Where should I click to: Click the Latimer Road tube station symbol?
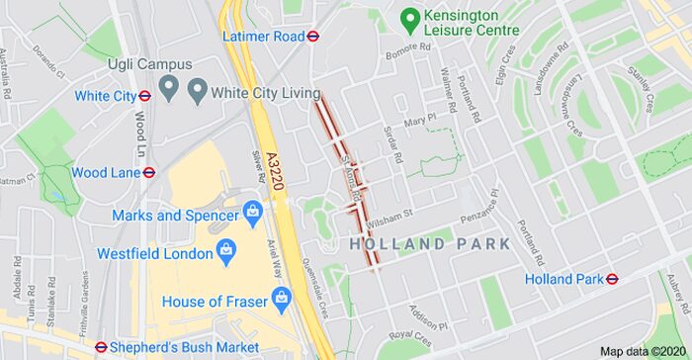pos(313,36)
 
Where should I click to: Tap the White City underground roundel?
pos(144,96)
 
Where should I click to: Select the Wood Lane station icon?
pos(148,172)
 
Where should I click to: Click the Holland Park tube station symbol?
pos(612,279)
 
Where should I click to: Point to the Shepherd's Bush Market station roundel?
pos(101,347)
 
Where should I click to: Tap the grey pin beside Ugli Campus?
pos(167,90)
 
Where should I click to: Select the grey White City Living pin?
pos(196,92)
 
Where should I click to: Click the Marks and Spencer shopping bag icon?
pos(253,213)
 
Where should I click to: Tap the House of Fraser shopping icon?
pos(281,296)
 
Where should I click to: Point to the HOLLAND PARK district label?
pos(430,243)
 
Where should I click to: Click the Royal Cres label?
pos(409,338)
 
